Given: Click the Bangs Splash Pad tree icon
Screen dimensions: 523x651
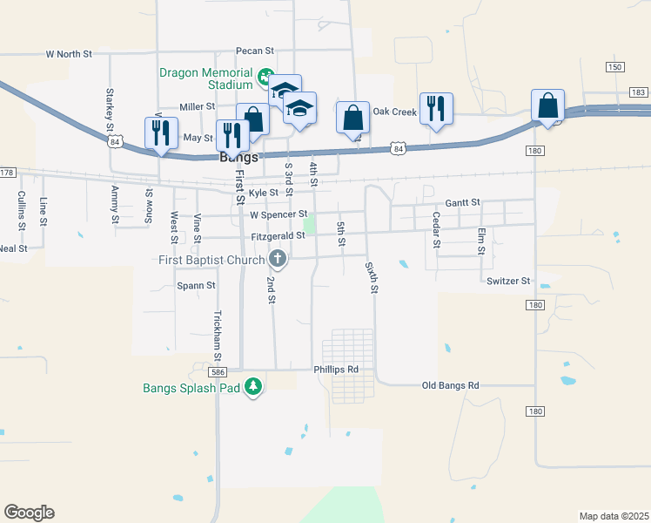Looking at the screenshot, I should pyautogui.click(x=253, y=386).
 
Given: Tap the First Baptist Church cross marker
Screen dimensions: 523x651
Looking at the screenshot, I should pyautogui.click(x=278, y=258).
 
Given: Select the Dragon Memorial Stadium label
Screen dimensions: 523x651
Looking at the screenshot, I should pyautogui.click(x=205, y=79).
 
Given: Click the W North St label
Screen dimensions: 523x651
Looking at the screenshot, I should pyautogui.click(x=69, y=54).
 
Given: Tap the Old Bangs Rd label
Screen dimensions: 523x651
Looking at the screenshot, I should pyautogui.click(x=451, y=385).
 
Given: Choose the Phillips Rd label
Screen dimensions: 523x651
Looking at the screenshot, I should pyautogui.click(x=336, y=370).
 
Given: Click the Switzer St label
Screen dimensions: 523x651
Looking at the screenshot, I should pyautogui.click(x=508, y=281).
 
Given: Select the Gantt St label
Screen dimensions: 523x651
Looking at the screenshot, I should pyautogui.click(x=462, y=202).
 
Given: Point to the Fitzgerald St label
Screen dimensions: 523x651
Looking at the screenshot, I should pyautogui.click(x=277, y=235).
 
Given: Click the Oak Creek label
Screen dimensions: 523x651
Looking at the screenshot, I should pyautogui.click(x=395, y=112).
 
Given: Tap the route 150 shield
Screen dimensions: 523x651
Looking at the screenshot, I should pyautogui.click(x=615, y=67).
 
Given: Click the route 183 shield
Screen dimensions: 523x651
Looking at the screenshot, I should pyautogui.click(x=638, y=92).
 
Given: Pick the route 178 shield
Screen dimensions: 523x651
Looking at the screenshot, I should pyautogui.click(x=8, y=172).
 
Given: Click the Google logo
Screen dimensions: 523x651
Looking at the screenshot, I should pyautogui.click(x=29, y=513).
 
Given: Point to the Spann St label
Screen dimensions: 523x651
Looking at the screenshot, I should pyautogui.click(x=196, y=285).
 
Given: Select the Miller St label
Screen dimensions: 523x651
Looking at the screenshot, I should pyautogui.click(x=197, y=106).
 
